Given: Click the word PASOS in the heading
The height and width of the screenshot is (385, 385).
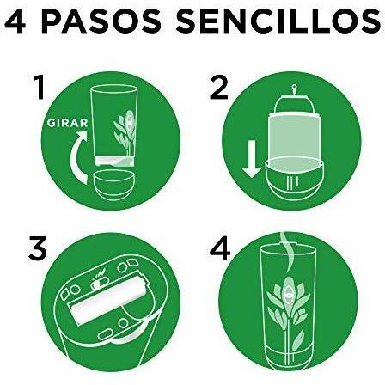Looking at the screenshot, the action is tap(103, 21).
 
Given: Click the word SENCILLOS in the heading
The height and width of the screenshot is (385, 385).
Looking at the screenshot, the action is tap(278, 21).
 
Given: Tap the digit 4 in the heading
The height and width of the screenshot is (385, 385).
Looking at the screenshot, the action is tap(15, 21).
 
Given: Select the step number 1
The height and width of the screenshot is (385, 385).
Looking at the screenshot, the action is tap(40, 87).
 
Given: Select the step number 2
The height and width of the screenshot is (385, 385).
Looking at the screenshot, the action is tap(219, 87).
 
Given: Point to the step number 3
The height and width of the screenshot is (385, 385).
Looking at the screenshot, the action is tap(38, 248).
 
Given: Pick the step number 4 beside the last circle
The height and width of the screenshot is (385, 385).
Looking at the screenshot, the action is tap(220, 248).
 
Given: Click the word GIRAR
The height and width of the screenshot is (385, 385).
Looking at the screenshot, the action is tap(68, 123).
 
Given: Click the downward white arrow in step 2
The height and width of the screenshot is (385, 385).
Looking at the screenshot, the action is tap(252, 159).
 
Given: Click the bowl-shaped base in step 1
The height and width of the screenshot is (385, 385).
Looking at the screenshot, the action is tap(114, 186).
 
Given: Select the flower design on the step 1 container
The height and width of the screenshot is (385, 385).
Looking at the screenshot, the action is tap(125, 131).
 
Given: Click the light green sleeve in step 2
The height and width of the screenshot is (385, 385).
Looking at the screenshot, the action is tap(294, 138).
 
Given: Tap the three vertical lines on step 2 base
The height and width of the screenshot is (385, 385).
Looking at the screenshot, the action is tap(293, 181).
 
